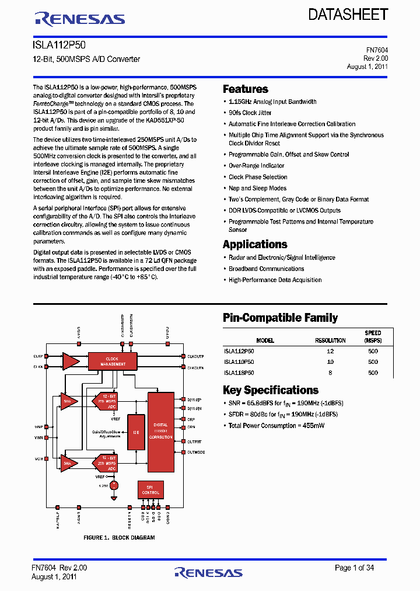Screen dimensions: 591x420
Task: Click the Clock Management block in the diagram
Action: (x=112, y=361)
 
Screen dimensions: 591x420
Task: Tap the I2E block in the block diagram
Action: (x=135, y=433)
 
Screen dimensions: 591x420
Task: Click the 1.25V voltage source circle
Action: (x=114, y=485)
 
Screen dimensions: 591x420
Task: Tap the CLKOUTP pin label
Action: (x=195, y=356)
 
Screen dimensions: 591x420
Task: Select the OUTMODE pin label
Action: (x=195, y=453)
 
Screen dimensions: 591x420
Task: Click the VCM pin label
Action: (x=38, y=459)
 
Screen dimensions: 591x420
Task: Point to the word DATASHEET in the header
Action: (x=348, y=15)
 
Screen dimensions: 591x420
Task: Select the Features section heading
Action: (x=246, y=89)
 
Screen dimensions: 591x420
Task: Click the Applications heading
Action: (x=255, y=245)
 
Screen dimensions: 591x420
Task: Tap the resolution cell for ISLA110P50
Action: (x=330, y=362)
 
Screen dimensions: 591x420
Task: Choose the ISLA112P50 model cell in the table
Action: (x=239, y=352)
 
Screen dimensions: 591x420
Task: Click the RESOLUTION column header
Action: (x=330, y=340)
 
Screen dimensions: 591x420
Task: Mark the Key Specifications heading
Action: (x=271, y=390)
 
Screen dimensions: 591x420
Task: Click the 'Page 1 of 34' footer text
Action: (x=354, y=568)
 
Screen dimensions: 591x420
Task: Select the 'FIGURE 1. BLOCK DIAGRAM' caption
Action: (x=119, y=537)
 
